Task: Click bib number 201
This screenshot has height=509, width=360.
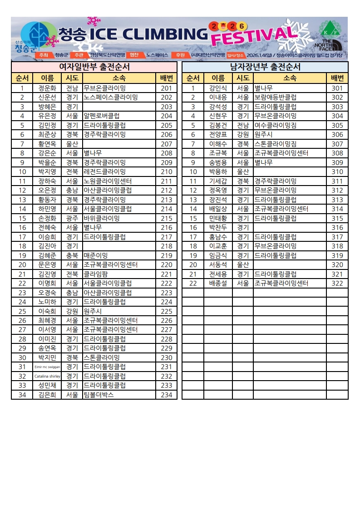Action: pos(166,88)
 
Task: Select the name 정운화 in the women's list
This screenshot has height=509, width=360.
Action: pos(47,88)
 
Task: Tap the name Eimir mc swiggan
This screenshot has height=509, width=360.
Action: pos(47,367)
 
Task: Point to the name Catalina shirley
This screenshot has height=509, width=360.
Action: pos(47,377)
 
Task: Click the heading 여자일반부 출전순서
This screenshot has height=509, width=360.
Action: pos(95,67)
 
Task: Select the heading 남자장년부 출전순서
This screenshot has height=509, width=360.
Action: pos(265,67)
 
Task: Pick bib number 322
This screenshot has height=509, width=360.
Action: pos(337,284)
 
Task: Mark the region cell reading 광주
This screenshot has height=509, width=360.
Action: pos(72,218)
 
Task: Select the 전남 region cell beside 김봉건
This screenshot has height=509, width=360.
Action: pos(242,126)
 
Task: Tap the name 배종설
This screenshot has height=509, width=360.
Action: pos(218,284)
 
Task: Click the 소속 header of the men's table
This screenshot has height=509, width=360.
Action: pos(290,78)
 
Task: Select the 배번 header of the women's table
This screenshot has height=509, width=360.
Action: pos(166,78)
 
